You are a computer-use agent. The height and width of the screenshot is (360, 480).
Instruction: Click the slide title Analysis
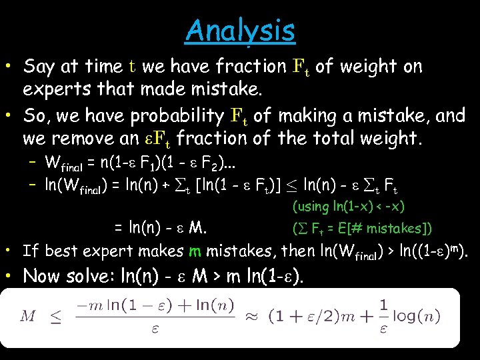point(240,30)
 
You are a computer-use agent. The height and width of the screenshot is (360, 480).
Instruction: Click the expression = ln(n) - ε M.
point(160,229)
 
